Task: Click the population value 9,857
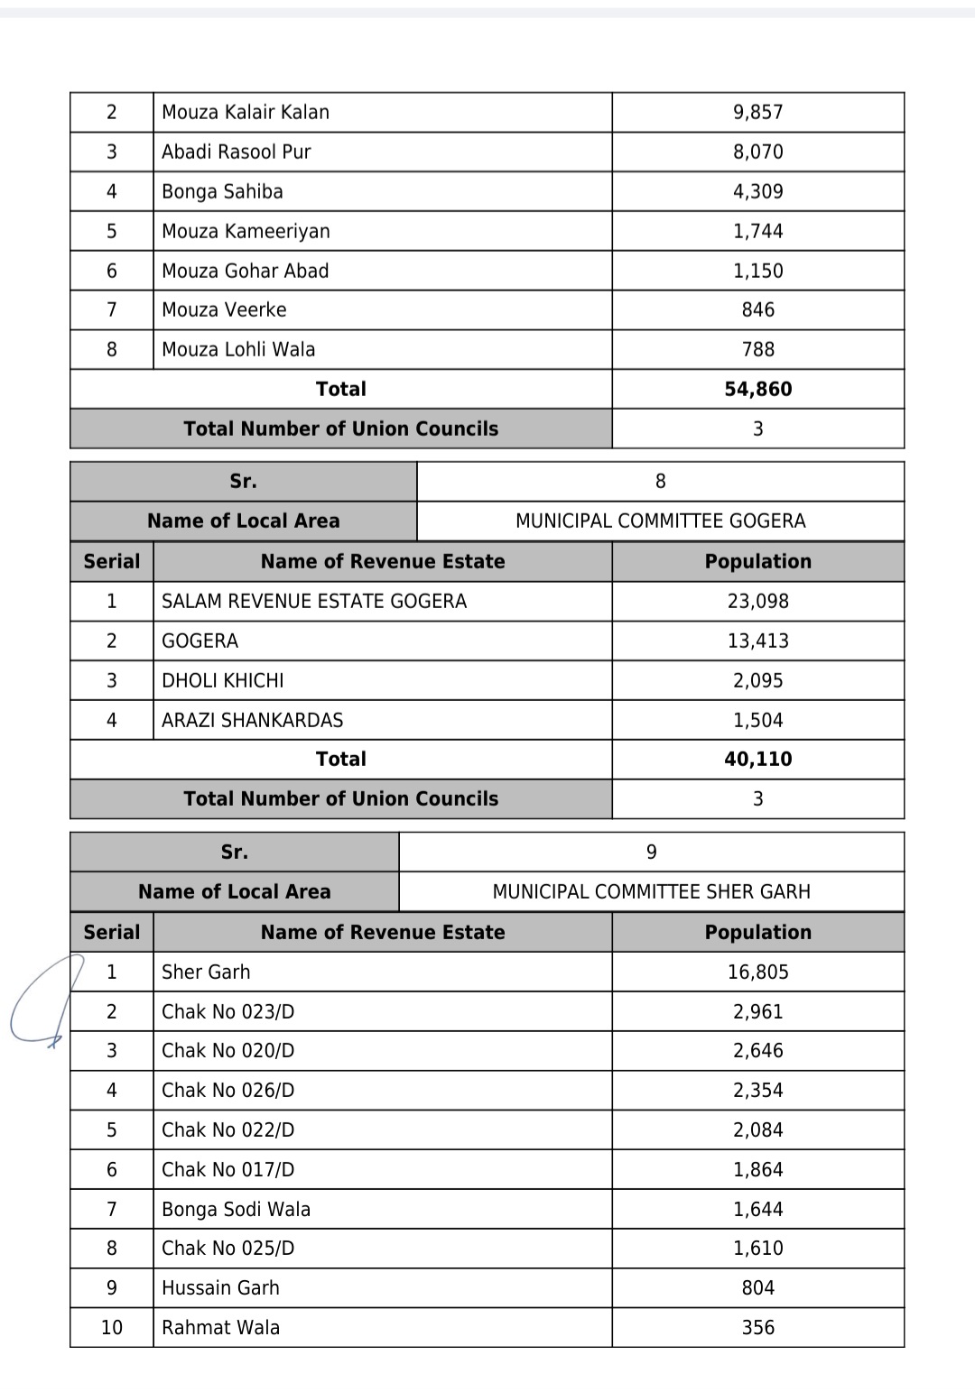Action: click(757, 112)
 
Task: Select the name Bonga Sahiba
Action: click(222, 191)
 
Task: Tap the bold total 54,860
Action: click(757, 389)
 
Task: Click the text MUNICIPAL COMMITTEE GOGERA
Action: click(660, 521)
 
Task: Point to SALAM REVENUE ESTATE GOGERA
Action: click(314, 601)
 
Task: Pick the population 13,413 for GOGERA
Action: click(757, 641)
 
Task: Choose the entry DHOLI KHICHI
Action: click(222, 680)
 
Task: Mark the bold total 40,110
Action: click(757, 759)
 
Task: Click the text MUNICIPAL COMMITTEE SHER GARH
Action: click(651, 891)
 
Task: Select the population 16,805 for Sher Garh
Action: click(757, 972)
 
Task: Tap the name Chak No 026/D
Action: click(227, 1090)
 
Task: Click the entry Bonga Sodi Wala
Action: click(236, 1209)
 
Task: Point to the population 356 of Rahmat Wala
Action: click(757, 1327)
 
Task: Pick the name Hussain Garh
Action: click(220, 1287)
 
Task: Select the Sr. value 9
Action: click(651, 852)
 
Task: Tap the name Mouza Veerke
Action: click(224, 309)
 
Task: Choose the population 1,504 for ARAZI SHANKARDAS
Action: click(757, 720)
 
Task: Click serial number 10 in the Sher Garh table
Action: click(112, 1327)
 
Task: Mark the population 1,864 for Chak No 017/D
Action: click(757, 1169)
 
